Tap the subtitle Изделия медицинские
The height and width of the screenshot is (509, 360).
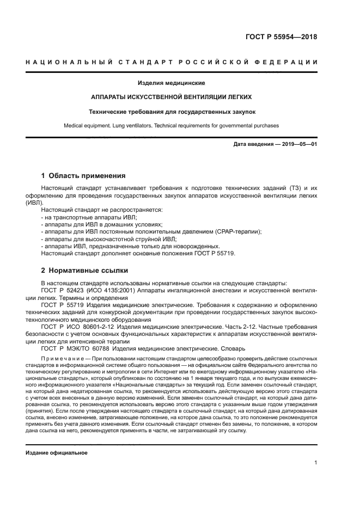[171, 83]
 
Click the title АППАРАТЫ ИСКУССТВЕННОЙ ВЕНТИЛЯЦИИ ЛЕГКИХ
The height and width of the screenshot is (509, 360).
[171, 97]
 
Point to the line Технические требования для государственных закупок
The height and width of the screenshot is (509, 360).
[171, 112]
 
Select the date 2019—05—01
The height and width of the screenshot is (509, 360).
[298, 144]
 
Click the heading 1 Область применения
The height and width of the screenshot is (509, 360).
[83, 176]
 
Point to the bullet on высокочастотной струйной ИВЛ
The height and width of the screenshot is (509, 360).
[109, 239]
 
